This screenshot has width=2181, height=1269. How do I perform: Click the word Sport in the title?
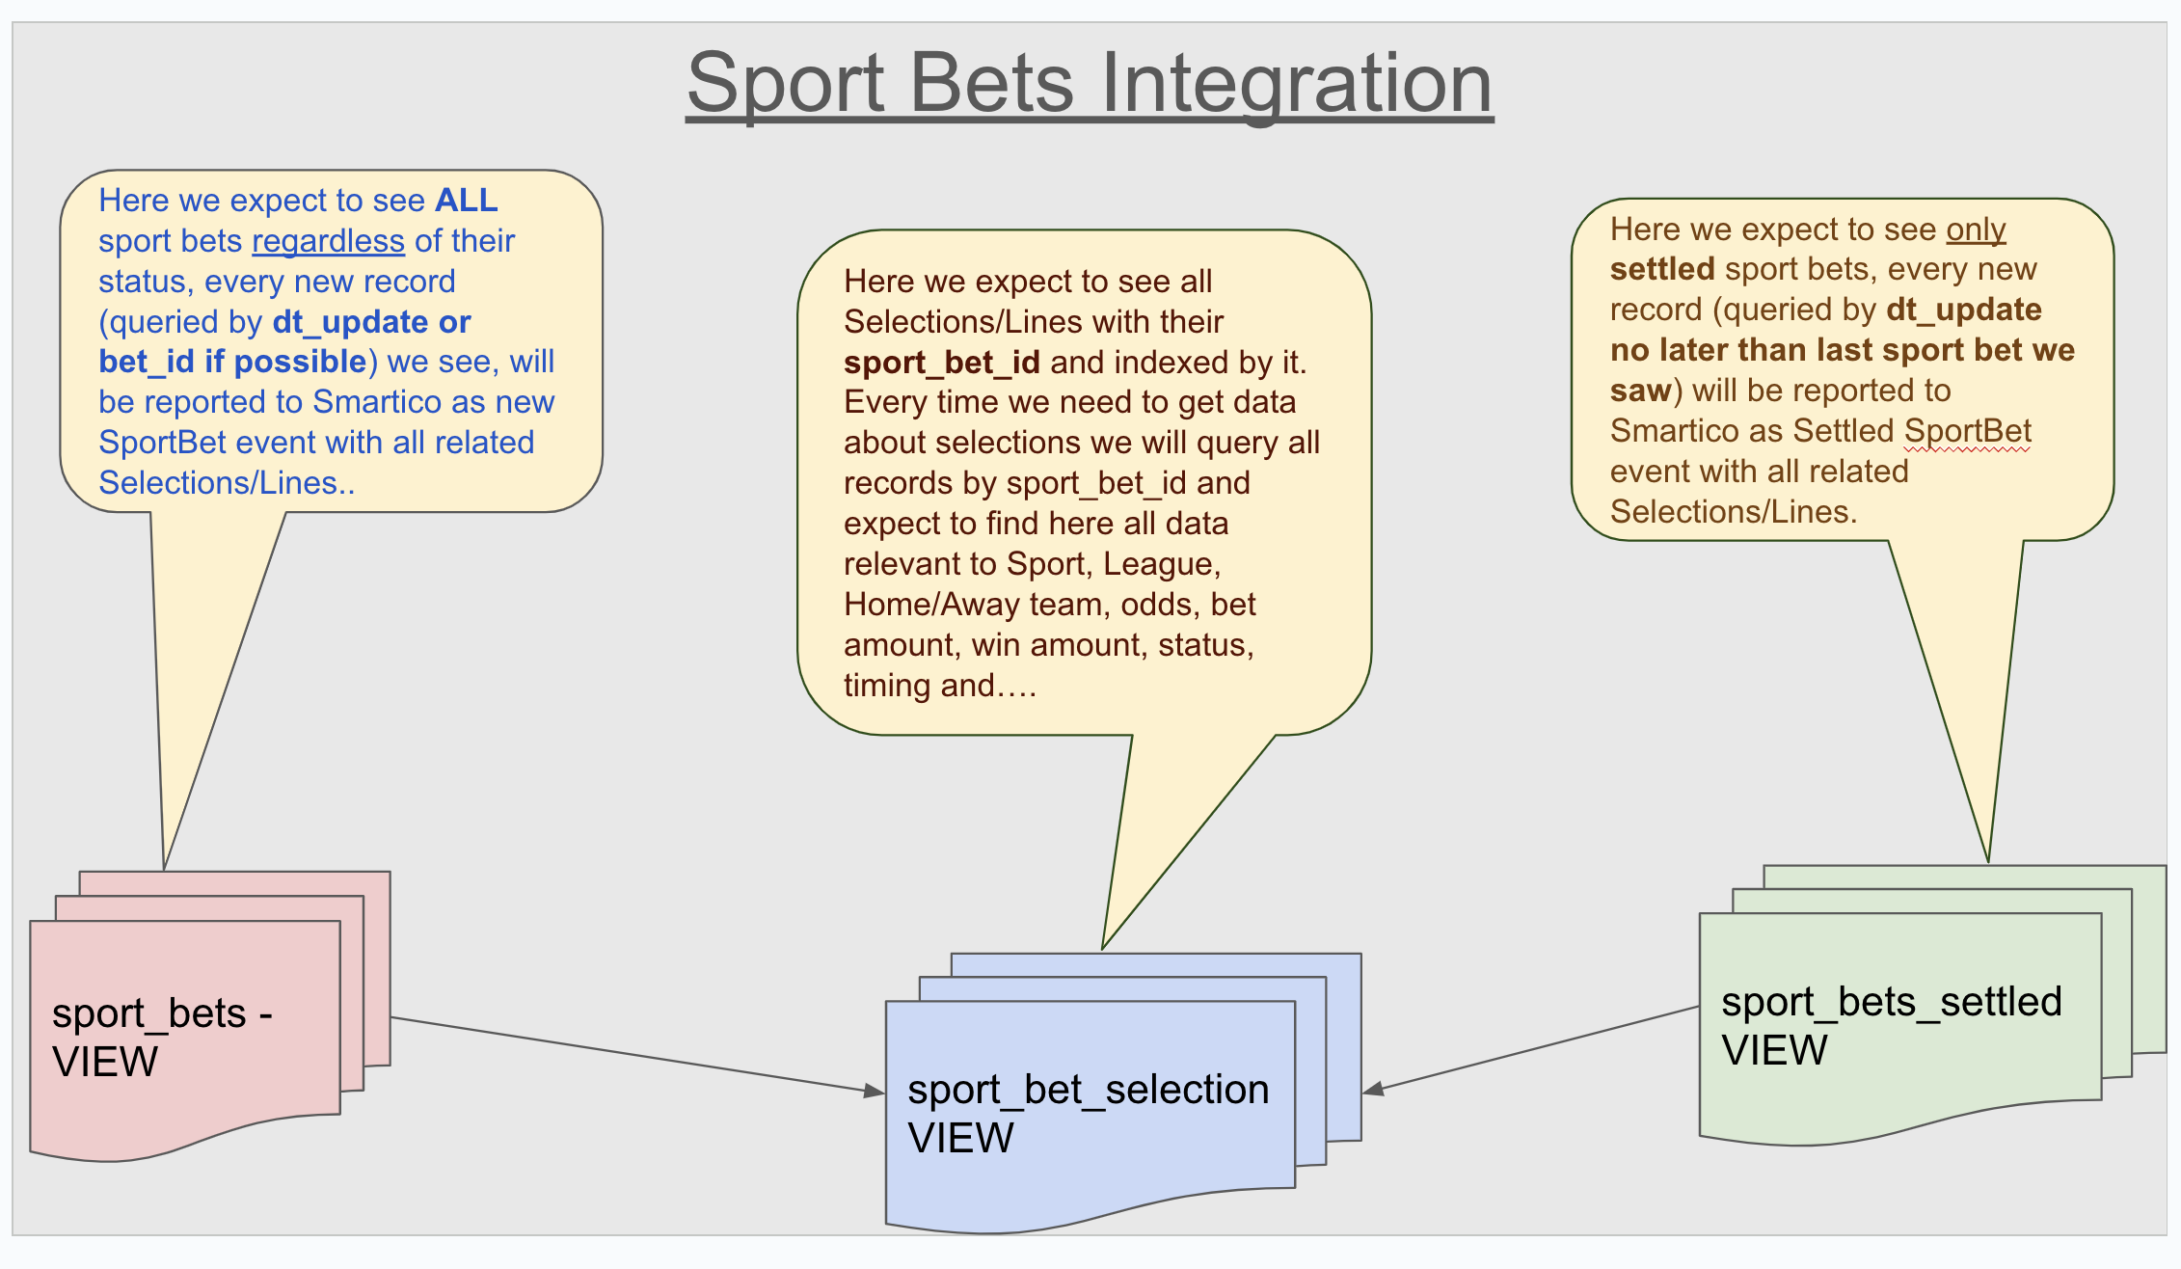[x=785, y=84]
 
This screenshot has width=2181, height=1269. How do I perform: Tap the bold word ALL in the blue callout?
[x=467, y=200]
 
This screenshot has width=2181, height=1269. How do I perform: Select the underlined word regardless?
[x=328, y=240]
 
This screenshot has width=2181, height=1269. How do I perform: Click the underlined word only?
[x=1976, y=229]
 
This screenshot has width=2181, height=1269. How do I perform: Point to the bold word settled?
[x=1662, y=269]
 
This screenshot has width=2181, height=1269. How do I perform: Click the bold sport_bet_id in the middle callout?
[x=941, y=363]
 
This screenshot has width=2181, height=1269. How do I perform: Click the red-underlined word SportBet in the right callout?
[x=1968, y=431]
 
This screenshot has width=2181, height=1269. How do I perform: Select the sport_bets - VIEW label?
[x=162, y=1038]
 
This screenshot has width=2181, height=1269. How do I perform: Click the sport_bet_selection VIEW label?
[x=1088, y=1114]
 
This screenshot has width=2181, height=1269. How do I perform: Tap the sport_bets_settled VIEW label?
[x=1891, y=1026]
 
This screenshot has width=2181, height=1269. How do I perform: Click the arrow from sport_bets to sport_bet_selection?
[x=636, y=1054]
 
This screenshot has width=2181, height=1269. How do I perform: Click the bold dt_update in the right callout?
[x=1963, y=310]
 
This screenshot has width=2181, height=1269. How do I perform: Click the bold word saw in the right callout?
[x=1640, y=391]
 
